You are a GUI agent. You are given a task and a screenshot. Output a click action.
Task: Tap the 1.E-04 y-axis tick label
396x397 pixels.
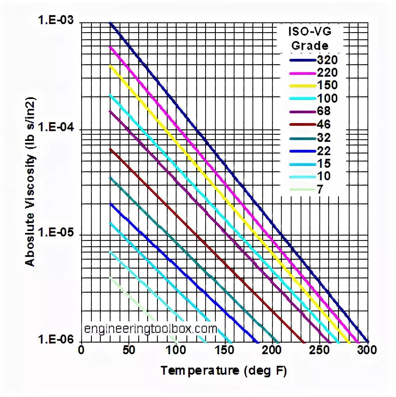(57, 128)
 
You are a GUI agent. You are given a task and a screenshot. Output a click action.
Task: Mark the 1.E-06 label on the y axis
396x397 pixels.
(57, 340)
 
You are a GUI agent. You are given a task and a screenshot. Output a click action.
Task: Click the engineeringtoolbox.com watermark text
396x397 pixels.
(150, 329)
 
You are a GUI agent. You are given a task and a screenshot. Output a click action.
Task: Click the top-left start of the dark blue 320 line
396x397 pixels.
(111, 23)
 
